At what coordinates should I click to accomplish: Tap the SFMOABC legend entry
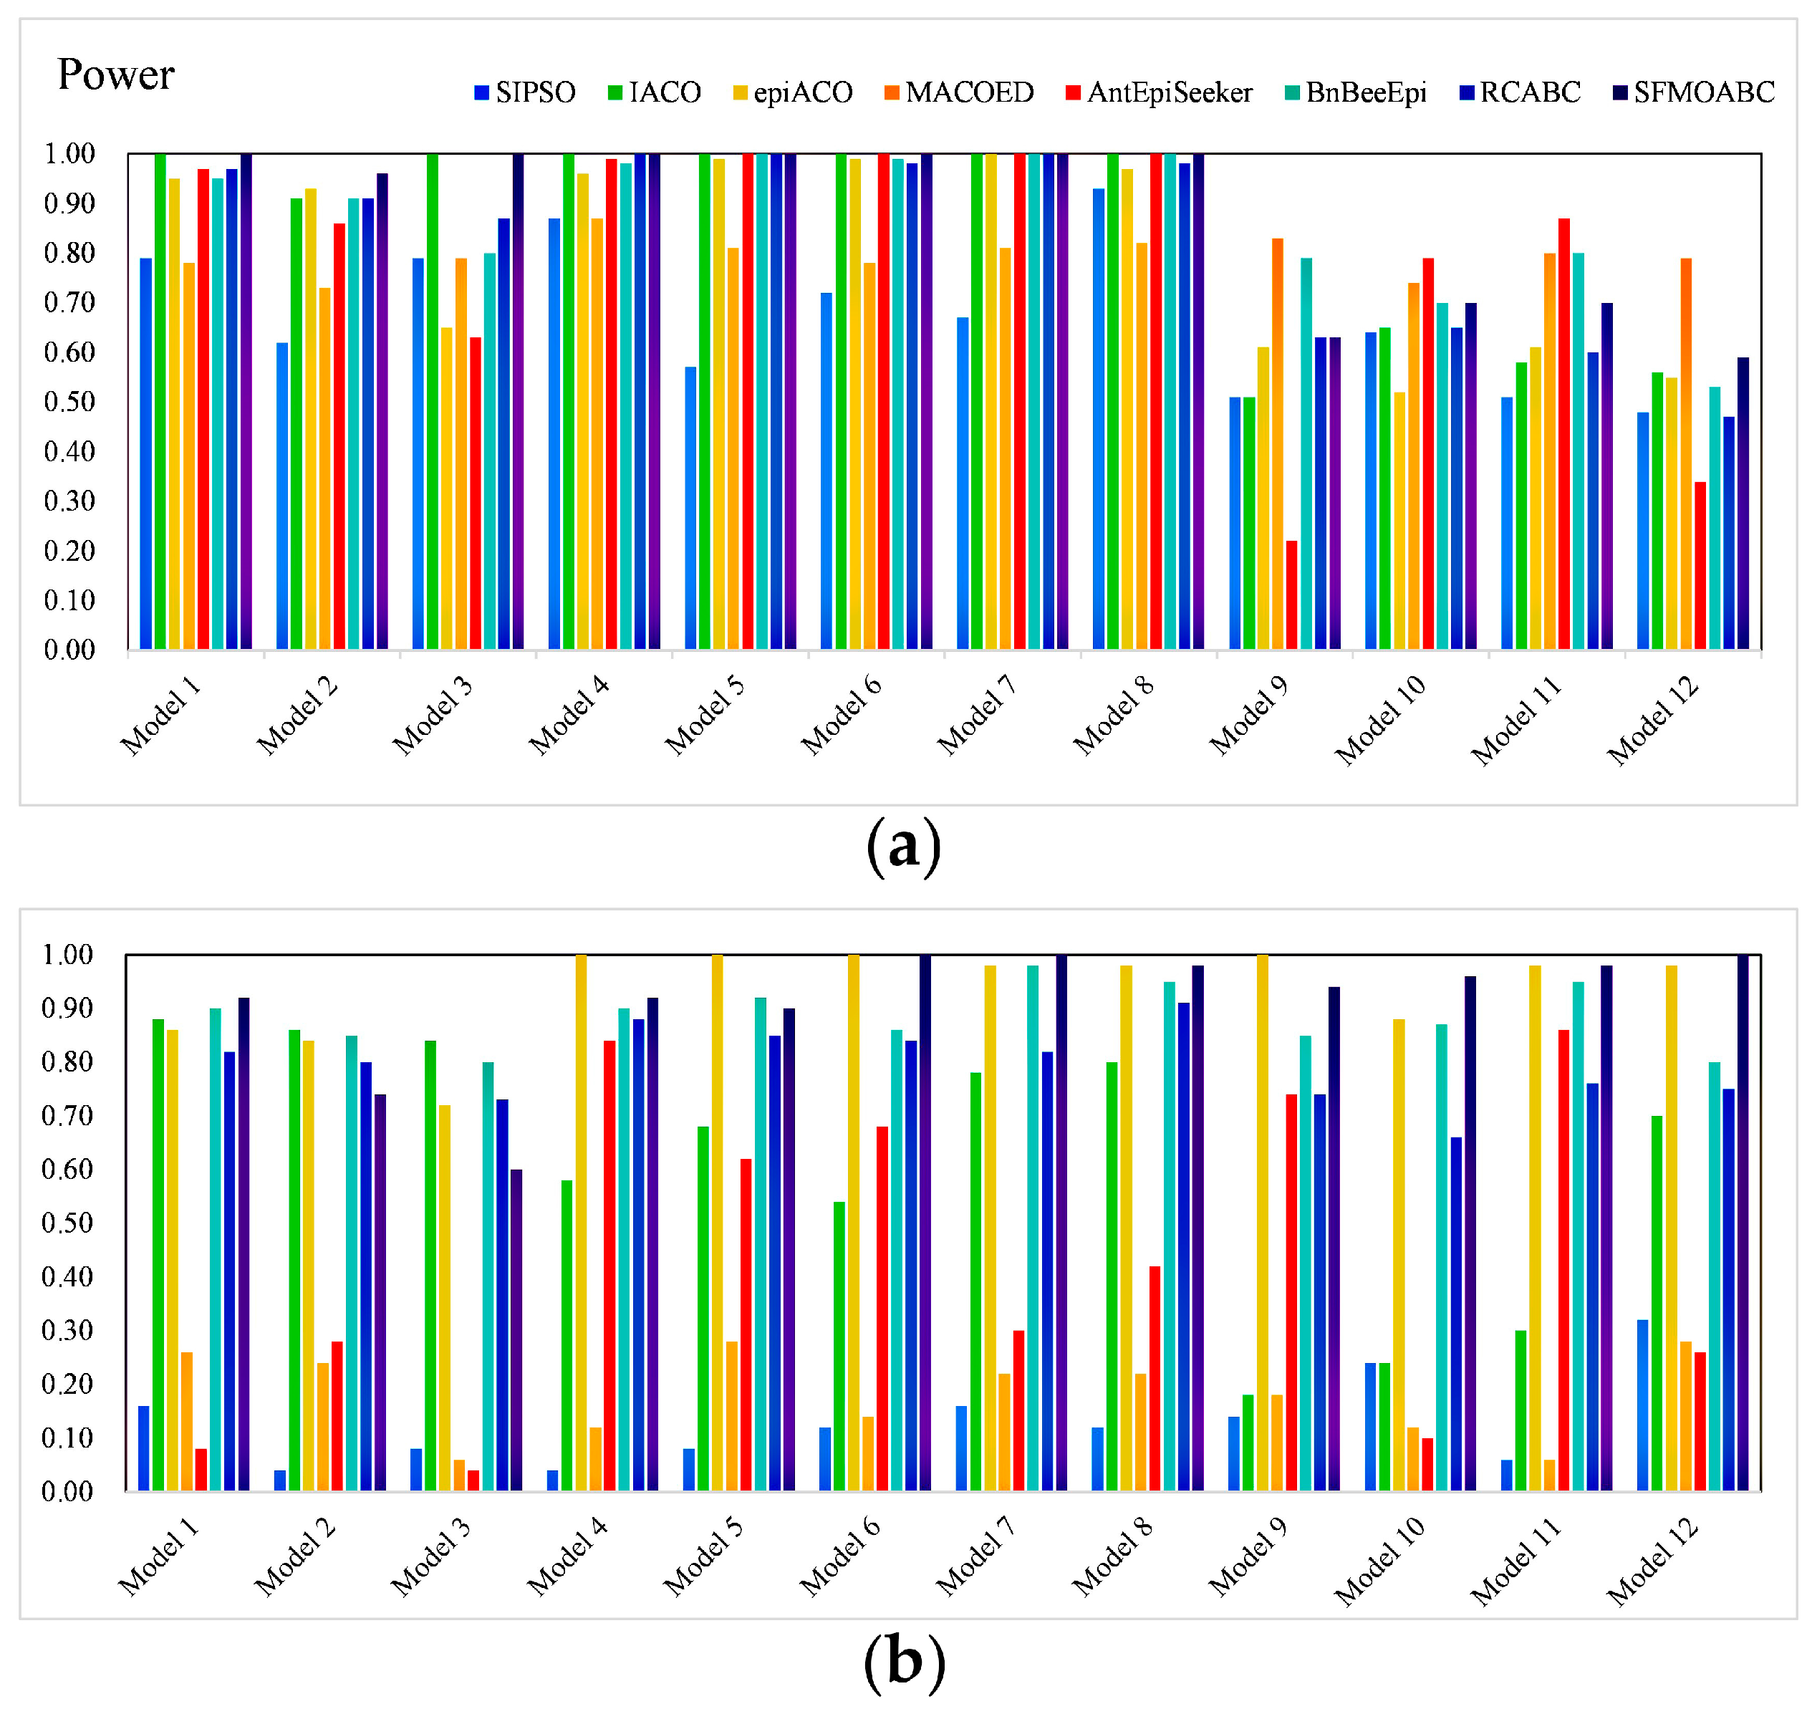pos(1692,92)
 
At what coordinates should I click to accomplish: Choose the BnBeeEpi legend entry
pos(1355,92)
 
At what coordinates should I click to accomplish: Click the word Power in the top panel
pos(115,74)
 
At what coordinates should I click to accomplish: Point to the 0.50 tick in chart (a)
pos(69,401)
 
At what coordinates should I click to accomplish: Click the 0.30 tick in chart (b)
pos(67,1329)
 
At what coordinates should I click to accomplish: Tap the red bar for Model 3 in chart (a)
pos(475,494)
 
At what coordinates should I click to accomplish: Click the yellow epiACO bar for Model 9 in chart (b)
pos(1262,1224)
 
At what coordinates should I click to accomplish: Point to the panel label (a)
pos(903,846)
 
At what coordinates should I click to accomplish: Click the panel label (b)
pos(903,1661)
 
